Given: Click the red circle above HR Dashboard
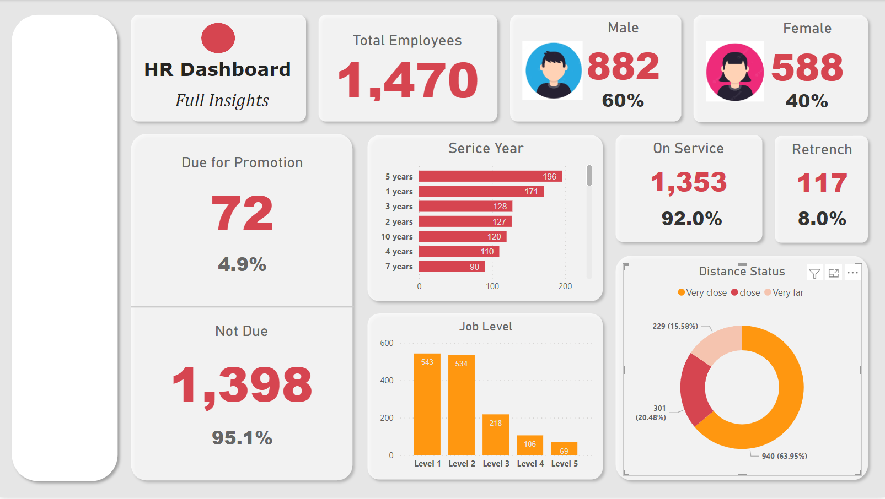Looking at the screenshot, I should point(218,38).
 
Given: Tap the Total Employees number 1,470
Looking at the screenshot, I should point(407,81).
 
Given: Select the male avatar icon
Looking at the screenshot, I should point(553,70).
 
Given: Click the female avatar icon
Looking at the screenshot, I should point(734,72).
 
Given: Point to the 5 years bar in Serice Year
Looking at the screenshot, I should point(490,176).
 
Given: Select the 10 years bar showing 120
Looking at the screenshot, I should point(462,236).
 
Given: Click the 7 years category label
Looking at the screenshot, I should point(399,267).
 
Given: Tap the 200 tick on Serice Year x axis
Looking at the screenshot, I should point(565,286).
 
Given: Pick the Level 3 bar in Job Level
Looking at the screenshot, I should point(495,435).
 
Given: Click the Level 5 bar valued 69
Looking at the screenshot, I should point(564,448).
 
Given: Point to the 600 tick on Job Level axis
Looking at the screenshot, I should point(387,343).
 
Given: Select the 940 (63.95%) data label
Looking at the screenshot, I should point(784,456).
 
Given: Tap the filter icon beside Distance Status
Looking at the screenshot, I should point(814,273).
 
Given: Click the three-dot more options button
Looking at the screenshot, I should point(852,273).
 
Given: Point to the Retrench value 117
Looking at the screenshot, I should point(822,183).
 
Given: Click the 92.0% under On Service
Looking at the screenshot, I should point(691,219).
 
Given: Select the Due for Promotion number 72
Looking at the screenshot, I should point(242,214).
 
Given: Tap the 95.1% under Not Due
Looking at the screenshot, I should point(242,438).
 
